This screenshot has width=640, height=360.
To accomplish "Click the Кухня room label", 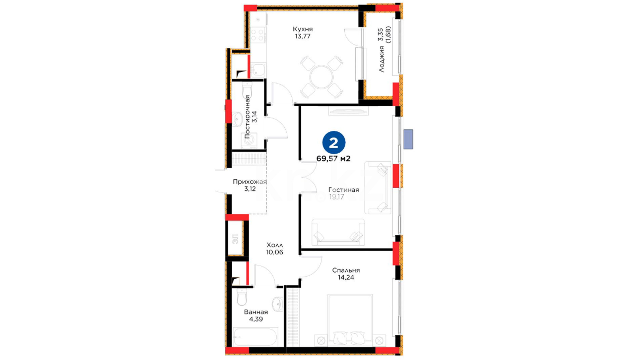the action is pyautogui.click(x=303, y=29).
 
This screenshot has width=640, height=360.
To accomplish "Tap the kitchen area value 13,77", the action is pyautogui.click(x=303, y=36).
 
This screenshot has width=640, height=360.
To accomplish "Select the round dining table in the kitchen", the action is pyautogui.click(x=321, y=77).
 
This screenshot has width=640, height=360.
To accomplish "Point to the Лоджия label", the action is pyautogui.click(x=381, y=59).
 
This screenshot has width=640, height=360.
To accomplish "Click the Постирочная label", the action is pyautogui.click(x=247, y=117).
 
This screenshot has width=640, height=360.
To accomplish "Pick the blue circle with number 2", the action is pyautogui.click(x=334, y=143).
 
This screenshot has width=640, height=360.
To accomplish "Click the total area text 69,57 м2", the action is pyautogui.click(x=333, y=159).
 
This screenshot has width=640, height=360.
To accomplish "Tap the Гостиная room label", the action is pyautogui.click(x=344, y=190).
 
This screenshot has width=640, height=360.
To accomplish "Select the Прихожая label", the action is pyautogui.click(x=250, y=182).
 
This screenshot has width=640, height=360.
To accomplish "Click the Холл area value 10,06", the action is pyautogui.click(x=275, y=252).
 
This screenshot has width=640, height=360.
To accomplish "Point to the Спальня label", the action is pyautogui.click(x=346, y=270).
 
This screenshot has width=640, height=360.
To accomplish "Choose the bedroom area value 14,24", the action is pyautogui.click(x=346, y=277).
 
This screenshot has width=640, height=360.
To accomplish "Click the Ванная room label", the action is pyautogui.click(x=256, y=312).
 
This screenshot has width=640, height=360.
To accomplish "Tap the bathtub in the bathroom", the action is pyautogui.click(x=255, y=337).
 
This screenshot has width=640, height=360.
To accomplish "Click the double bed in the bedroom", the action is pyautogui.click(x=350, y=320).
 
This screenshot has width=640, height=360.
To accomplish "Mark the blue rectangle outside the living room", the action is pyautogui.click(x=408, y=139).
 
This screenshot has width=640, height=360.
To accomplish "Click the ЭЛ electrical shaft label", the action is pyautogui.click(x=235, y=239).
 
